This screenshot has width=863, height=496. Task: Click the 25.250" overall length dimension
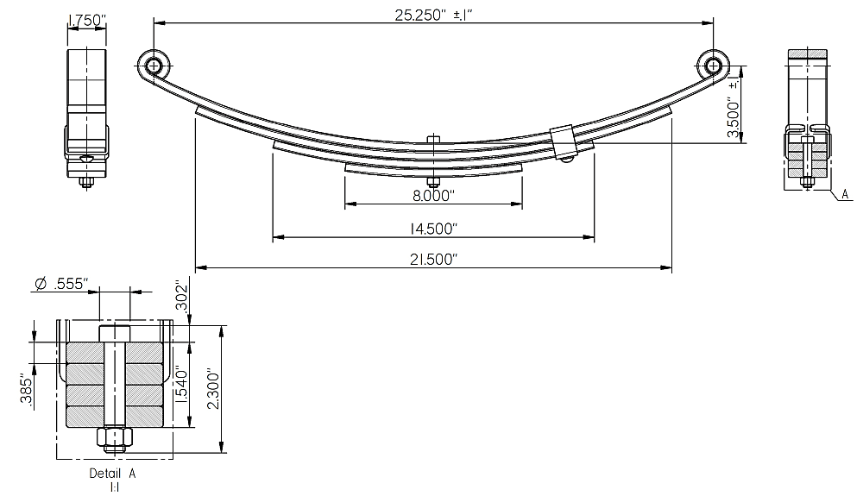[x=433, y=14]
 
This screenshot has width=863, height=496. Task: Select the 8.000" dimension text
[x=433, y=196]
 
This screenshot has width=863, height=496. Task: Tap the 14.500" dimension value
[x=433, y=229]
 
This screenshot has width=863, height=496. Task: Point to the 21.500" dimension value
[x=433, y=260]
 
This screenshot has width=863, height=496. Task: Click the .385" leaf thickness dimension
[x=25, y=390]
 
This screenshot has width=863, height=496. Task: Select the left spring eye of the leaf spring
[x=154, y=66]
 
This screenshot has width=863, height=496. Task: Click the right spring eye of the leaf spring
[x=713, y=66]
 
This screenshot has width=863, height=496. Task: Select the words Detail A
[x=112, y=474]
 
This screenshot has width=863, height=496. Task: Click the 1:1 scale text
[x=113, y=488]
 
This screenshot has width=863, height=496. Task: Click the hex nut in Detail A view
[x=114, y=439]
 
